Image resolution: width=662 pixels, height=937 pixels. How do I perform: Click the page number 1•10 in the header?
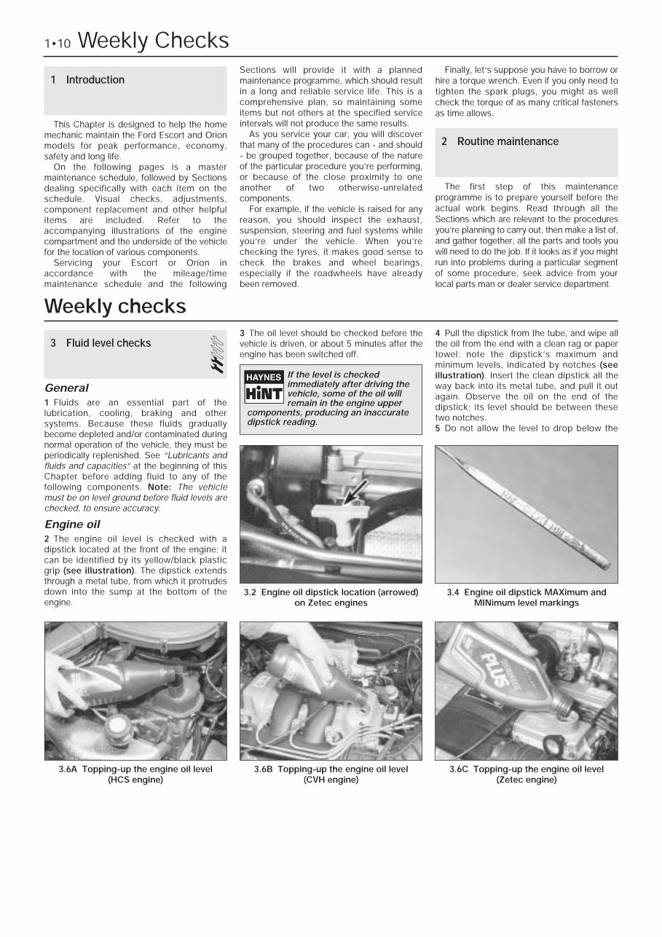coord(58,43)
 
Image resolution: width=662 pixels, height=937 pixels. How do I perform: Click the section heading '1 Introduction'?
coord(88,80)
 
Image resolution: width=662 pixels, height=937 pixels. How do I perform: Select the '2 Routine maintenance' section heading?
coord(500,141)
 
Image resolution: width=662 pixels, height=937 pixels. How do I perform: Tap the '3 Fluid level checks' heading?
coord(101,343)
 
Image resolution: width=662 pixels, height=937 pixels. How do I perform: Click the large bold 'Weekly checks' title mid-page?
coord(115,307)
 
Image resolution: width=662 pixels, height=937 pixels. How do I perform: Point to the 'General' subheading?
coord(66,388)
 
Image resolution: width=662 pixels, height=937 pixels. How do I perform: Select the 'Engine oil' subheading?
coord(72,525)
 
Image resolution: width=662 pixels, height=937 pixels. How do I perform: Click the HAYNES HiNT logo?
coord(264,386)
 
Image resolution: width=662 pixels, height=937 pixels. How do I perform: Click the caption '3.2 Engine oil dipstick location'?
coord(331,597)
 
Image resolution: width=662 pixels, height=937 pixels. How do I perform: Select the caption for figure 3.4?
coord(526,597)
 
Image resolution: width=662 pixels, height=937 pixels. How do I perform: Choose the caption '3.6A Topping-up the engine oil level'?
coord(135,775)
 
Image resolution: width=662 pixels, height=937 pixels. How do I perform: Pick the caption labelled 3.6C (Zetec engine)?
coord(526,775)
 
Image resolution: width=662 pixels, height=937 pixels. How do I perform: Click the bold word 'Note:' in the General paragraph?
coord(159,487)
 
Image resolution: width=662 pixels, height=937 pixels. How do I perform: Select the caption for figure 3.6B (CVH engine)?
coord(331,775)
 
